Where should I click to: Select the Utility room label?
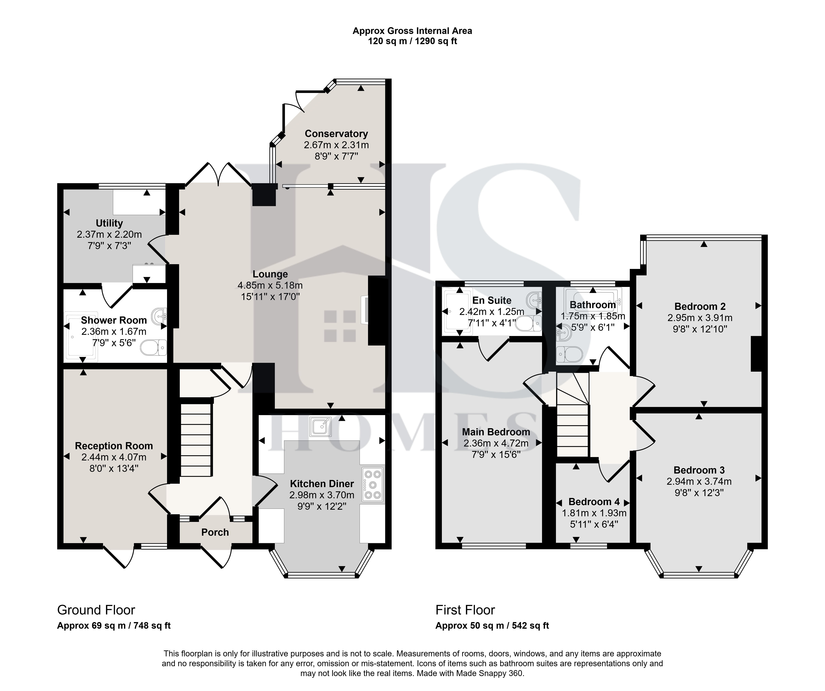tap(109, 223)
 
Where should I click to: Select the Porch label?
tap(215, 532)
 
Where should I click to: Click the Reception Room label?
tap(114, 446)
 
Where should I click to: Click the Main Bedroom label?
tap(496, 432)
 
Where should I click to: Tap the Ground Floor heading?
tap(96, 610)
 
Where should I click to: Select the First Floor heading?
tap(465, 610)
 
